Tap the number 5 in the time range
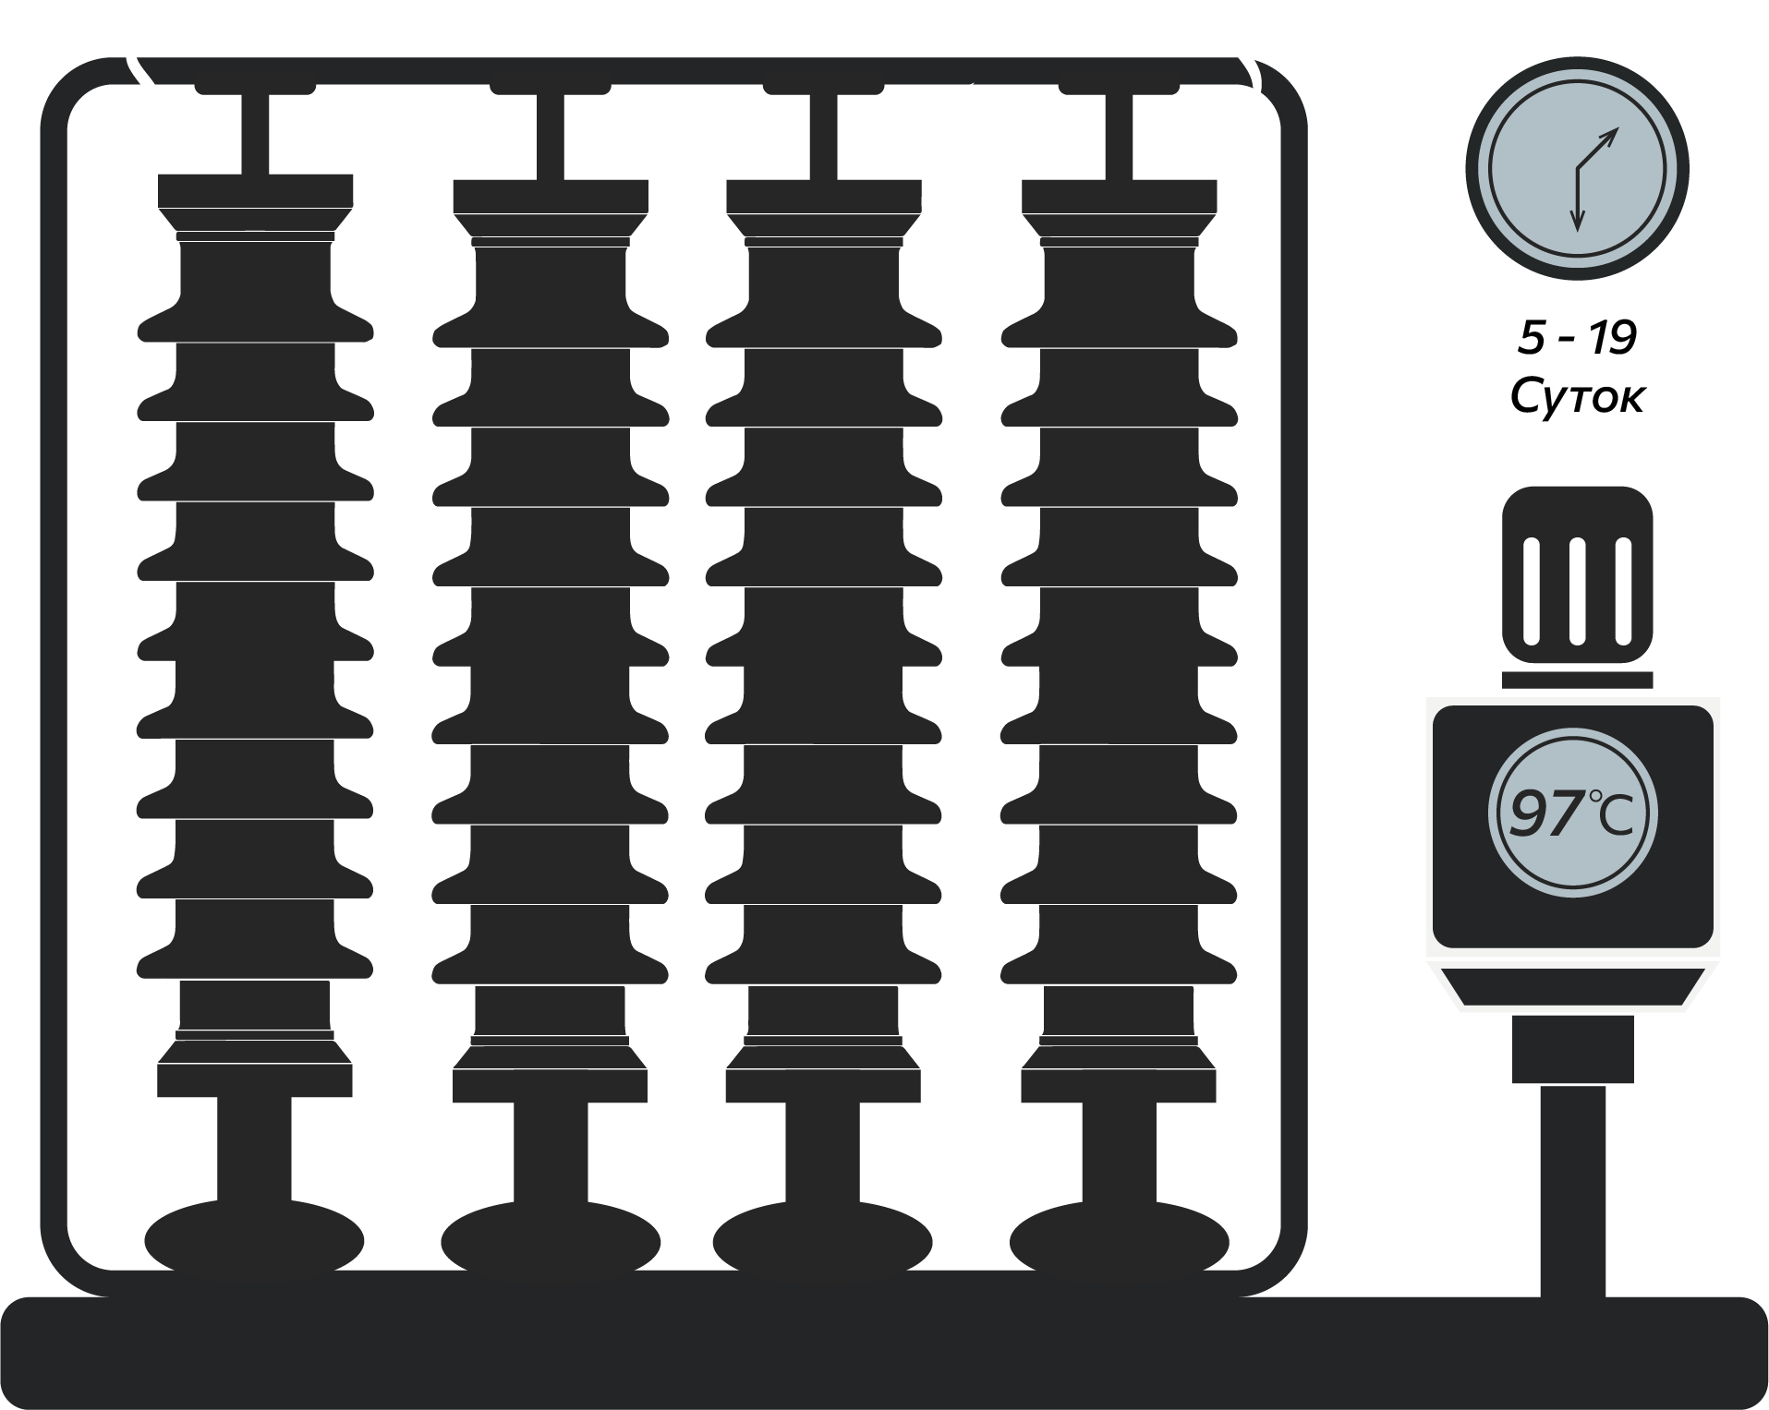point(1531,339)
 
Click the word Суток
point(1577,397)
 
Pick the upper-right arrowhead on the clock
point(1611,136)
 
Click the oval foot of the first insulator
point(254,1239)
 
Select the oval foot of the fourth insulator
point(1119,1239)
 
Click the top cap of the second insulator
point(551,196)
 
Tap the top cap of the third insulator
point(824,196)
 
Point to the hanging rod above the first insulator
point(256,134)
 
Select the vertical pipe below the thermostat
point(1573,1191)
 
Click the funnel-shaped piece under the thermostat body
point(1573,986)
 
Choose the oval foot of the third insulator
point(823,1239)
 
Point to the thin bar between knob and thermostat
point(1577,680)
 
